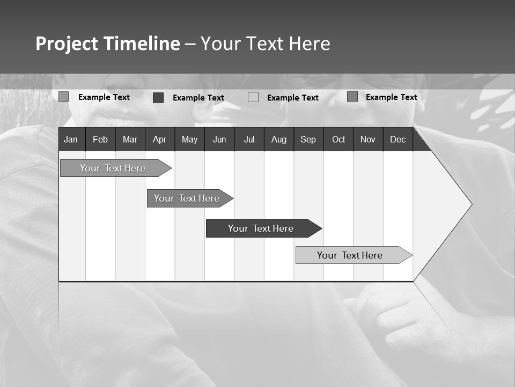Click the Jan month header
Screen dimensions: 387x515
71,139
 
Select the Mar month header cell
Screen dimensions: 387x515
130,139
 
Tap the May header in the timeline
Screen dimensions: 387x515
189,139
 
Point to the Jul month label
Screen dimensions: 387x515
249,139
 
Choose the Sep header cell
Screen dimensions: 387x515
308,139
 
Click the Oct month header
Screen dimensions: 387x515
339,139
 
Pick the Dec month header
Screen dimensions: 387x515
398,139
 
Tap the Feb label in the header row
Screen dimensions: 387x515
100,139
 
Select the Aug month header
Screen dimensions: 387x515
278,139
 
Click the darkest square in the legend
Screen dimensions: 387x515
158,97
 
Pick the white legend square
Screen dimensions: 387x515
253,97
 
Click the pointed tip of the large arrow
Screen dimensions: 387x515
470,204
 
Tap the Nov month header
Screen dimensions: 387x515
368,139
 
